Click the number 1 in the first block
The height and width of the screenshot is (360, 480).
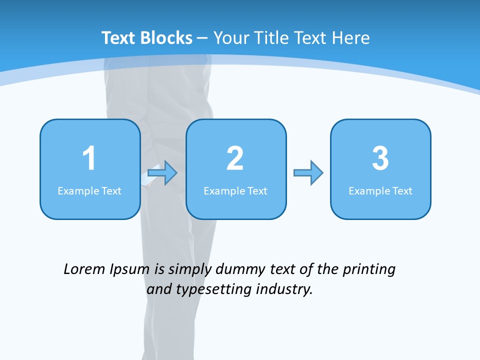[89, 158]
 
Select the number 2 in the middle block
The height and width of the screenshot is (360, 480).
[235, 158]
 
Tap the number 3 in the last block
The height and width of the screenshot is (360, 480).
[380, 158]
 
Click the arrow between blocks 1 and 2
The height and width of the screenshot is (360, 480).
[162, 173]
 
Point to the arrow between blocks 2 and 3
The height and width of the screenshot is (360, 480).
[308, 173]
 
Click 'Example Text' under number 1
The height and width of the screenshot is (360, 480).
[89, 191]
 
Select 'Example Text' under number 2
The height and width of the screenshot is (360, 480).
[235, 191]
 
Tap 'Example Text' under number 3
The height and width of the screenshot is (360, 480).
[380, 191]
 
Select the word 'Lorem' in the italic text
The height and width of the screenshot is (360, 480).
[84, 269]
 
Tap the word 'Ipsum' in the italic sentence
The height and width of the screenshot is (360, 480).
[129, 270]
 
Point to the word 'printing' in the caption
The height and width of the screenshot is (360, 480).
[368, 270]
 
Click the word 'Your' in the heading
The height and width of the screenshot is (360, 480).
[231, 38]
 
